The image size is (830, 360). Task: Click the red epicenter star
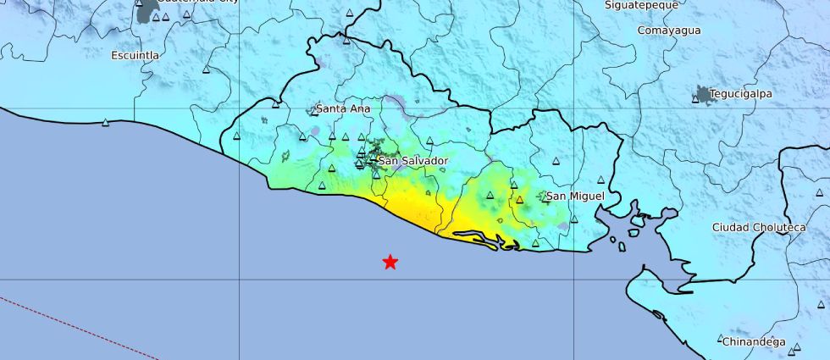[x=390, y=263]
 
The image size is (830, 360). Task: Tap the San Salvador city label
[x=412, y=160]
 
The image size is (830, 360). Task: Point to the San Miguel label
[x=575, y=197]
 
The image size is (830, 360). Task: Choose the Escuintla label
[x=136, y=55]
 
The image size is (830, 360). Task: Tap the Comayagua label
[x=669, y=30]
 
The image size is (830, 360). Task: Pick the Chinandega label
[x=753, y=342]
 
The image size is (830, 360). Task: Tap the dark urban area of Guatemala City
[x=146, y=10]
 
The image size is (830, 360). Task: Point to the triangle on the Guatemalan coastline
[x=105, y=123]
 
